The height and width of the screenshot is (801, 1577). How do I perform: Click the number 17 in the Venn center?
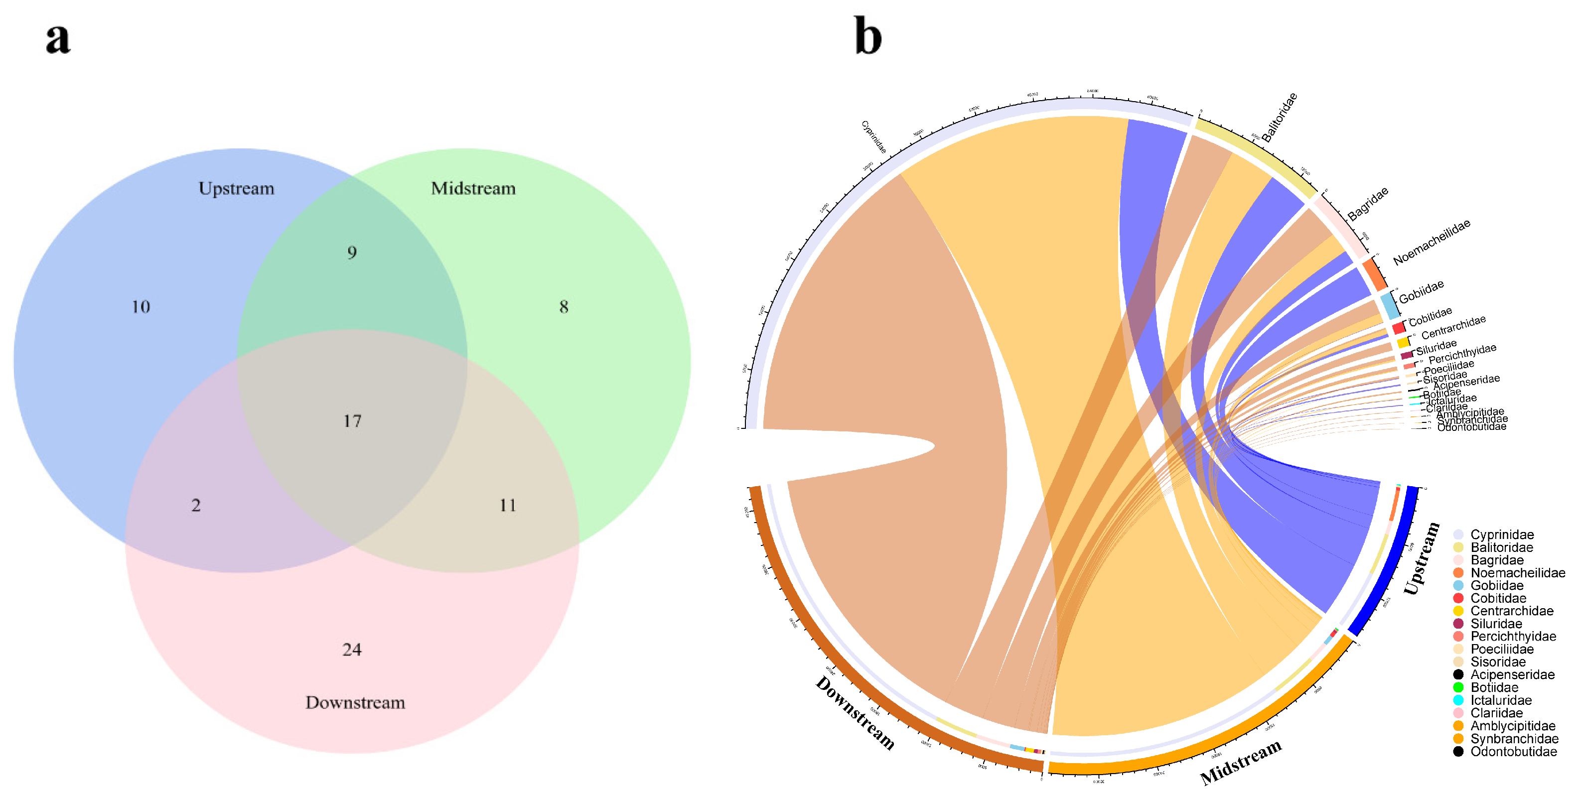(352, 421)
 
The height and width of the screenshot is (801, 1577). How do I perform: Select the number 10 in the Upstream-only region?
(141, 306)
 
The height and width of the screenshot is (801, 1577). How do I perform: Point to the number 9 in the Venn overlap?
(352, 253)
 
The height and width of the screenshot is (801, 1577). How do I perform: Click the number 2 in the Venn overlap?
(196, 506)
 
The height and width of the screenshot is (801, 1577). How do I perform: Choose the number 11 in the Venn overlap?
(508, 506)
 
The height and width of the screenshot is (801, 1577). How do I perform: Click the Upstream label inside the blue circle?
(236, 188)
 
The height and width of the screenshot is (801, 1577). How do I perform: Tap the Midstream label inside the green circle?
(473, 188)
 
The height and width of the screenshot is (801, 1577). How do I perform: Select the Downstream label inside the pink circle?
(355, 702)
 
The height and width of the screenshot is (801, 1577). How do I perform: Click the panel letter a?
(58, 38)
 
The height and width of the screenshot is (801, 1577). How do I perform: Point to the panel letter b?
(868, 37)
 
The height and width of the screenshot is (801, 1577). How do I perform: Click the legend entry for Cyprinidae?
(1502, 535)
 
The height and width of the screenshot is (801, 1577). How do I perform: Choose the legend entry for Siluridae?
(1496, 624)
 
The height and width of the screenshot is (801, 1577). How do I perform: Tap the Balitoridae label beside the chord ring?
(1280, 118)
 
